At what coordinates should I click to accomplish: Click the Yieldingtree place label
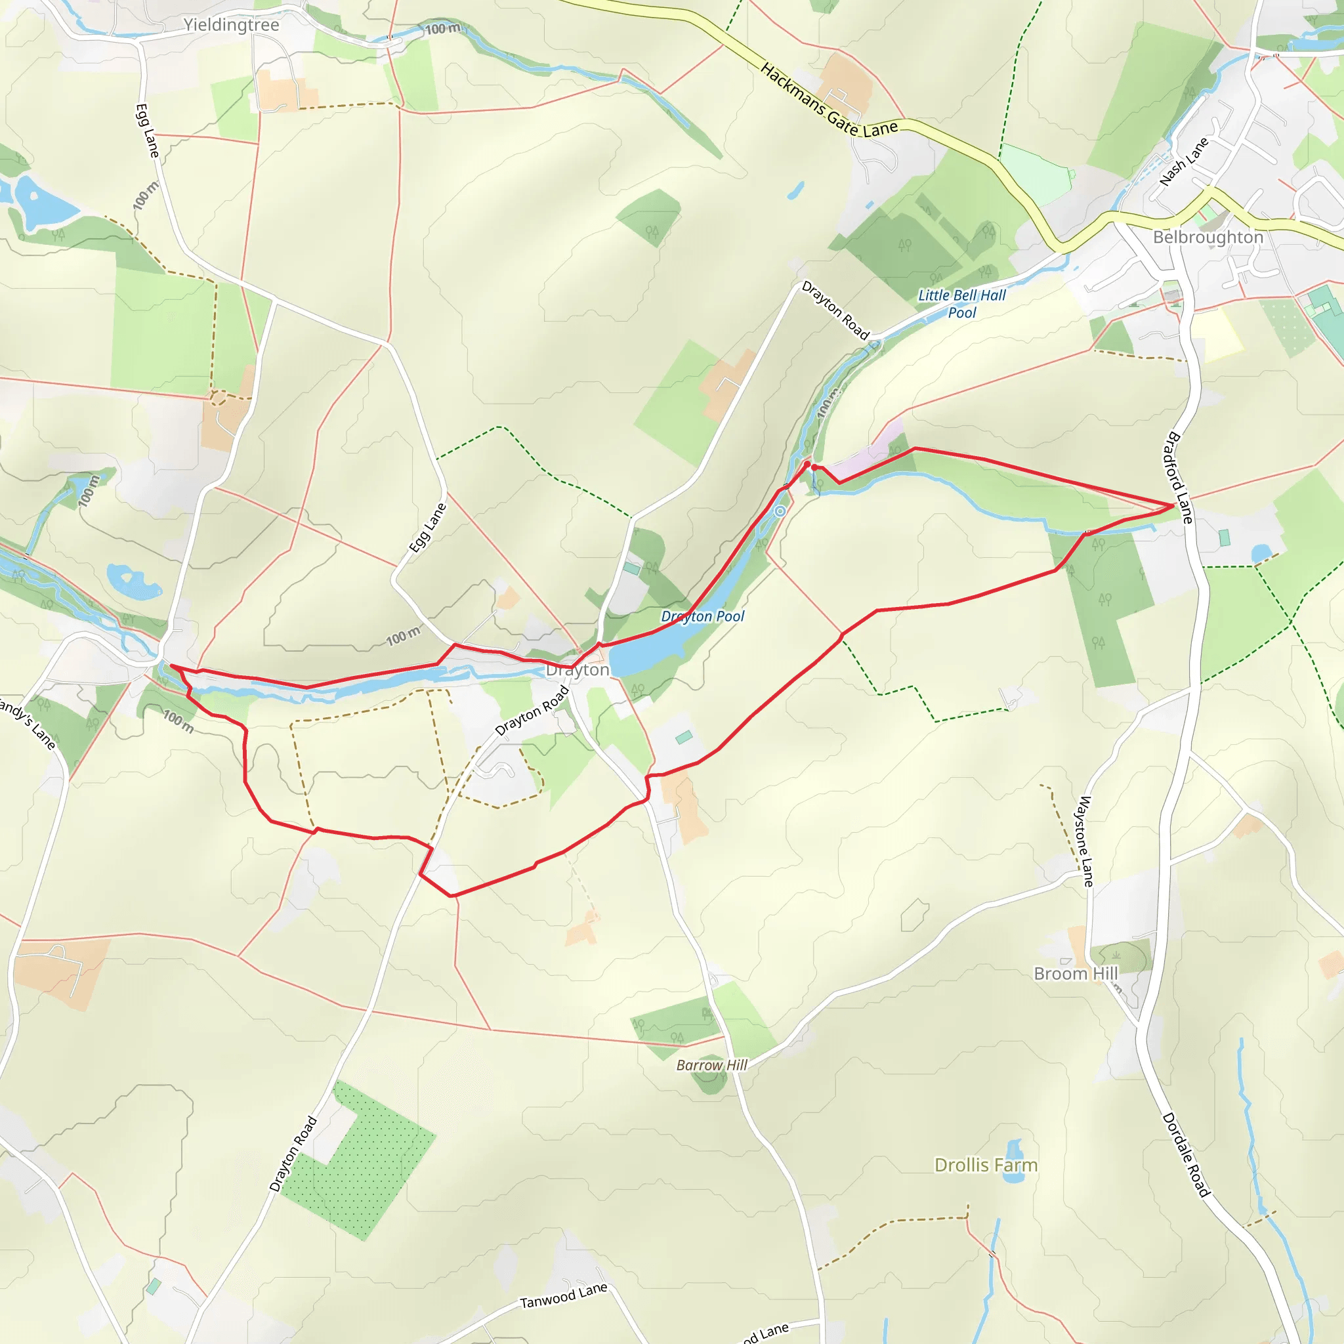[x=231, y=25]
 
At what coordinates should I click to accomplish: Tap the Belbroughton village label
[x=1207, y=237]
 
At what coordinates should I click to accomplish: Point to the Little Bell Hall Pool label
[x=962, y=304]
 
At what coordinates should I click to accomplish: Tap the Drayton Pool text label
[x=702, y=616]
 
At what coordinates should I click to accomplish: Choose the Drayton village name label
[x=577, y=670]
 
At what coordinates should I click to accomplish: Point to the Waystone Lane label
[x=1085, y=841]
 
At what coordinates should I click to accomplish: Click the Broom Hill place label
[x=1076, y=973]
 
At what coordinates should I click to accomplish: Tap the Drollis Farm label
[x=985, y=1165]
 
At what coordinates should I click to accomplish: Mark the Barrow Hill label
[x=711, y=1065]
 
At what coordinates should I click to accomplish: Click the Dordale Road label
[x=1186, y=1155]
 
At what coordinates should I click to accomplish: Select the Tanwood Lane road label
[x=564, y=1296]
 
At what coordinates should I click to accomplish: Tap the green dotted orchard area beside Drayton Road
[x=358, y=1158]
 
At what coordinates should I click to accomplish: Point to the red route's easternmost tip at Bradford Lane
[x=1173, y=506]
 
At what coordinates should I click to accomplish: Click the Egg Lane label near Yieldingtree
[x=147, y=131]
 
